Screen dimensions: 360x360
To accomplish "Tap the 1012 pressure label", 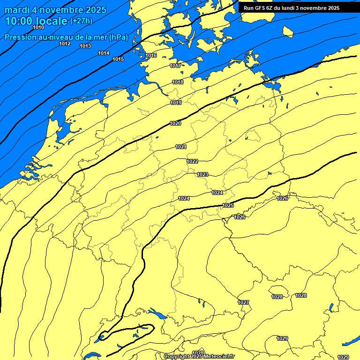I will click(65, 44).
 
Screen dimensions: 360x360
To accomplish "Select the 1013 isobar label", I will click(85, 46).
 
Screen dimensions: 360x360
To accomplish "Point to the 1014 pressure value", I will click(104, 53).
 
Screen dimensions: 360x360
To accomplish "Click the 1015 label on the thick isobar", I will click(118, 59).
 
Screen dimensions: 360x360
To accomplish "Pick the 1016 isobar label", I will click(151, 55).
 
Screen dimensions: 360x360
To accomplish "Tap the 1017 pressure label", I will click(176, 66).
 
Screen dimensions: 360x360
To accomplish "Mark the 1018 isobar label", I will click(178, 82).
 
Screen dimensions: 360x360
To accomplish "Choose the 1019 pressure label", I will click(176, 103).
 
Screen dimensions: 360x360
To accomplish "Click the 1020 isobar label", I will click(176, 123).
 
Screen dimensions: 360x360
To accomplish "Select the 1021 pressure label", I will click(181, 147).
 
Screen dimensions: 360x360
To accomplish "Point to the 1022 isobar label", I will click(192, 161).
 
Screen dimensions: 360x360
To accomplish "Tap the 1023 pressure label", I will click(202, 174).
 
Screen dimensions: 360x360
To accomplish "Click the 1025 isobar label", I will click(228, 205).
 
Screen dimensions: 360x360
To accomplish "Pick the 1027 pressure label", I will click(243, 302).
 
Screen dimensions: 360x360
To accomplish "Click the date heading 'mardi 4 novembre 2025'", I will click(55, 10).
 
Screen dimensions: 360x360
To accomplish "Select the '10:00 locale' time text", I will click(36, 21).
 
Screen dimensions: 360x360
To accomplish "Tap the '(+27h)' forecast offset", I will click(81, 21).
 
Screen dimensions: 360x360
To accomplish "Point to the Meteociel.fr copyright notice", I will click(198, 356).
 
